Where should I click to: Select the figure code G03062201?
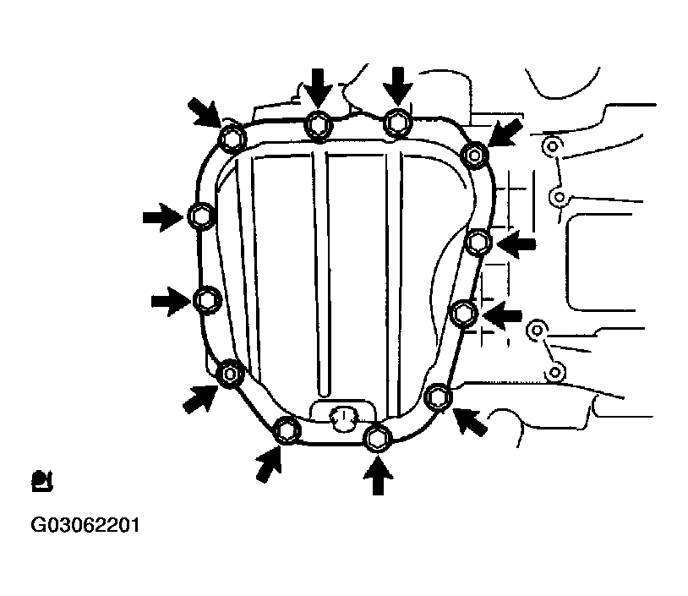click(x=85, y=525)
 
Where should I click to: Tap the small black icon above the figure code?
click(x=42, y=481)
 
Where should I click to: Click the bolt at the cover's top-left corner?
click(x=232, y=139)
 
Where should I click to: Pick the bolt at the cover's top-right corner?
click(x=475, y=155)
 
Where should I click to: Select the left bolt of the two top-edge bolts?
click(x=319, y=125)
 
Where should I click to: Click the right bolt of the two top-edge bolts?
click(x=397, y=123)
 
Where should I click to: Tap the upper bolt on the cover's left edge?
click(x=201, y=216)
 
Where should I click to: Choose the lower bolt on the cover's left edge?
click(x=206, y=300)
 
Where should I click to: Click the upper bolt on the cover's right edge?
click(x=478, y=242)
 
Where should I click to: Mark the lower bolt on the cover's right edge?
click(x=464, y=314)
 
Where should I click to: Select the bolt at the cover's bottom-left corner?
click(x=230, y=374)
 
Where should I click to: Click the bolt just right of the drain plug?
click(x=377, y=438)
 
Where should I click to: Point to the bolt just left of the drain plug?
click(x=287, y=430)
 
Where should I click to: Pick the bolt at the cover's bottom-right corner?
click(x=439, y=396)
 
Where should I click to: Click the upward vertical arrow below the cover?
click(x=378, y=476)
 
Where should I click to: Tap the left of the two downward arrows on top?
click(x=318, y=89)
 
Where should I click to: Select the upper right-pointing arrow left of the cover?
click(x=163, y=216)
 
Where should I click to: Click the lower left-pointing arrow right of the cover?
click(x=502, y=315)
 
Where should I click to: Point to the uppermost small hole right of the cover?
click(x=551, y=145)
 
